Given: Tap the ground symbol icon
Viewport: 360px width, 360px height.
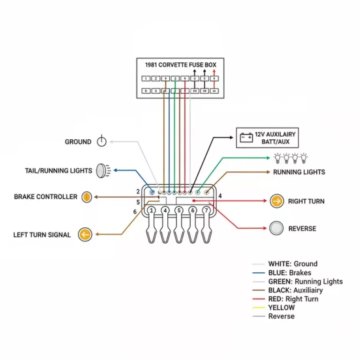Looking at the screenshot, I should pos(102,142).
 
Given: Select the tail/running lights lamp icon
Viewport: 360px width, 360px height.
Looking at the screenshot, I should pos(102,171).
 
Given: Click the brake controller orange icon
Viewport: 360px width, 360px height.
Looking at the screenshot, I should pos(86,197).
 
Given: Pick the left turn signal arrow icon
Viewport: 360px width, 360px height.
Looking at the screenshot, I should pos(85,234).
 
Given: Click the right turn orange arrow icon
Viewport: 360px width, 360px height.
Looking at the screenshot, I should pos(277,202).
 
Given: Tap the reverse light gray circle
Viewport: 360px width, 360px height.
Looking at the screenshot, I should pos(277,228).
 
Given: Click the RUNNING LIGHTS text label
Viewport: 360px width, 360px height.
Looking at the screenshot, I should pos(299,172).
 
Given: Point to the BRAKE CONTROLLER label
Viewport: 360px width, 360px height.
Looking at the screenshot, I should pos(45,197).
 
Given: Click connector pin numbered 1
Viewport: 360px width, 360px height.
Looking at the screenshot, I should pos(151,211).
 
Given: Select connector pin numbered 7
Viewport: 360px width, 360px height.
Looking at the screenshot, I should pos(206,211).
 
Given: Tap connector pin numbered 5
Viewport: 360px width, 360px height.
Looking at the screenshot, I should pos(179,211).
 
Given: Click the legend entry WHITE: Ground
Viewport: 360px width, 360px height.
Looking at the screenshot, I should pos(292,264).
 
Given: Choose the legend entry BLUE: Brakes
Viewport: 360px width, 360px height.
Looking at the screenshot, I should pos(289,273).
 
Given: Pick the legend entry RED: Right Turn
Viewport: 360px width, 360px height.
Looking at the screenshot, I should pos(293,299).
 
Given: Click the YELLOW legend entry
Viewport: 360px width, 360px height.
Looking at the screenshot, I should pos(281,308).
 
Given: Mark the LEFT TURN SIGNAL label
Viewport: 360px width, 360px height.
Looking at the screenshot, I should pos(42,235).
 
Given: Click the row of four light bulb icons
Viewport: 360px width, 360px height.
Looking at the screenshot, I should pos(291,157).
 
